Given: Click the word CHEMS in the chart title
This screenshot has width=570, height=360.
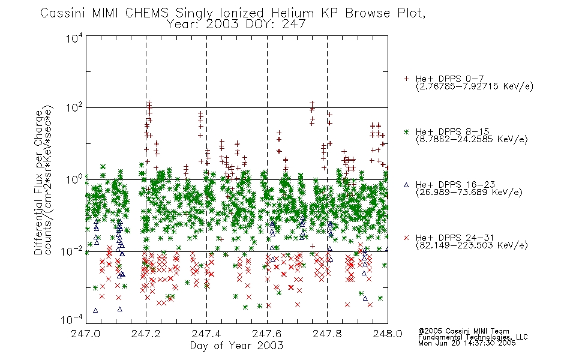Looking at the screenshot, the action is [147, 13].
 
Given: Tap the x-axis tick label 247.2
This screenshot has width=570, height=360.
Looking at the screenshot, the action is [146, 334].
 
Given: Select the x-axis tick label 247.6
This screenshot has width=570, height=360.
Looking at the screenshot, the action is [267, 334].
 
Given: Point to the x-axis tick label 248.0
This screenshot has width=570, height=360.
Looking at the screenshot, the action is [388, 334].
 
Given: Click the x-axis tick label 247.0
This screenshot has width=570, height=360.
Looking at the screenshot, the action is [85, 334].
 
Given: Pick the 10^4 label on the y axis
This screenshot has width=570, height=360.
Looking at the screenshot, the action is [74, 38].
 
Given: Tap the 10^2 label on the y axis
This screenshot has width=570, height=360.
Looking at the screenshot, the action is [74, 108].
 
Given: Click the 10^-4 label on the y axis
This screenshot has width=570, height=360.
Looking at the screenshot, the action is [71, 320].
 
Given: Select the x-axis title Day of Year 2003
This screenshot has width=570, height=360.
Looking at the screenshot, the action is [236, 346].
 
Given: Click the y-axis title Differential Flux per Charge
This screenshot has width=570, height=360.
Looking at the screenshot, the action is [38, 182].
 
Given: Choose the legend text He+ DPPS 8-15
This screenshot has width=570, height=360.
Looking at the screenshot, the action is [452, 131].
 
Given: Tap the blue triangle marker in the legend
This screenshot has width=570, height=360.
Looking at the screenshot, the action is [406, 185].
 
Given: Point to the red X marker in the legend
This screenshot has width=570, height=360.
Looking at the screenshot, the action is [406, 238].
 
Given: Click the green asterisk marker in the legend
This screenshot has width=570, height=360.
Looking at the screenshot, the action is [406, 131].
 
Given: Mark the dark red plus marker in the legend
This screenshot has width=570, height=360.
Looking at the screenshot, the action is [406, 79].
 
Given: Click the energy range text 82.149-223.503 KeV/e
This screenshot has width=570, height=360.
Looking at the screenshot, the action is [472, 245].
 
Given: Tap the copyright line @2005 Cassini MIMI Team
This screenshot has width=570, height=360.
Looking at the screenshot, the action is [464, 331].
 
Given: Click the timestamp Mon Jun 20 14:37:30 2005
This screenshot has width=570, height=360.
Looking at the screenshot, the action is [467, 343].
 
